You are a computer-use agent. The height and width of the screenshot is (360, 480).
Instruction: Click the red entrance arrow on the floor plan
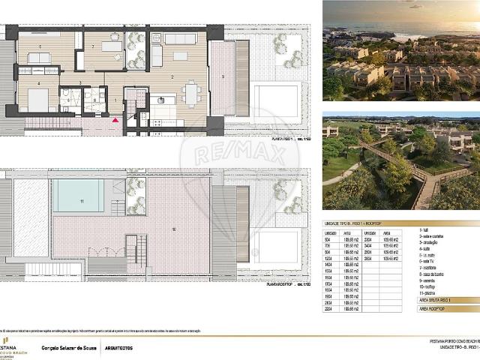[115, 119]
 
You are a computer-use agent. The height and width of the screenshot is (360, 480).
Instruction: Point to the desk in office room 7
[112, 46]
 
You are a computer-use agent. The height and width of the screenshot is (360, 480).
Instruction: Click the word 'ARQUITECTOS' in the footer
[118, 348]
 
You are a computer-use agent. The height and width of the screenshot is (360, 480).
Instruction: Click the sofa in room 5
[39, 58]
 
